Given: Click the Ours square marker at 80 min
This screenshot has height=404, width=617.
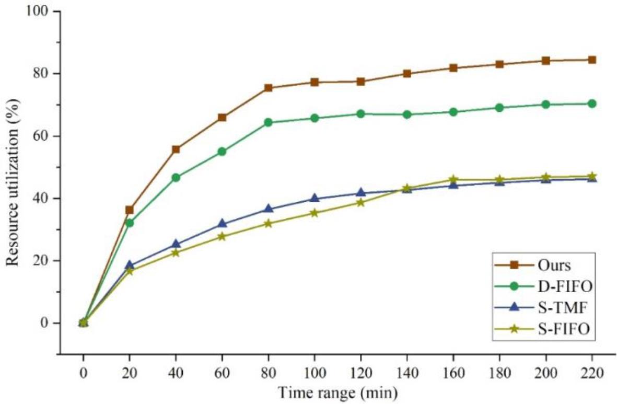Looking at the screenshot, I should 268,88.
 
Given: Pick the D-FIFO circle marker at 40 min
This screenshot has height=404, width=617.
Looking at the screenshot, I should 176,178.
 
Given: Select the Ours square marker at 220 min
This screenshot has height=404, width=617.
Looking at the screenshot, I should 591,60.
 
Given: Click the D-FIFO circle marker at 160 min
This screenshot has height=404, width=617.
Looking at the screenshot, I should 453,112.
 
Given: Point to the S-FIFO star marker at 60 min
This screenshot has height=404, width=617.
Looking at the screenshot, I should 222,236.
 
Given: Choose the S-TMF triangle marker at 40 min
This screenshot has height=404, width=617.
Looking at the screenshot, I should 176,244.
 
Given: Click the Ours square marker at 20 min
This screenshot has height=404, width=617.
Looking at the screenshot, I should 130,210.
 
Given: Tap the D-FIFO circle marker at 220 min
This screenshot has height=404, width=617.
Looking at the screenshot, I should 591,103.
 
